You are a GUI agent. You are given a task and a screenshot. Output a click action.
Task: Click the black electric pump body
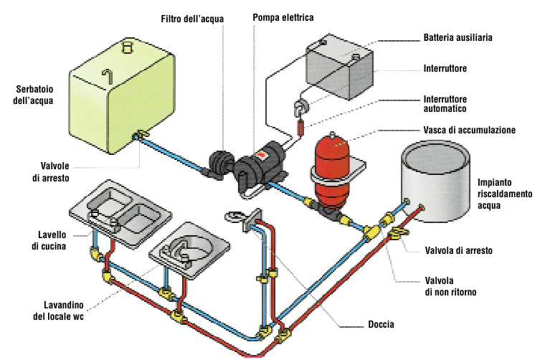pos(259,166)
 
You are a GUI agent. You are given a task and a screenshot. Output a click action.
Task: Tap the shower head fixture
pos(236,216)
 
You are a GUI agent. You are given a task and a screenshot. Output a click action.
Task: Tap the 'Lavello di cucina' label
pos(49,240)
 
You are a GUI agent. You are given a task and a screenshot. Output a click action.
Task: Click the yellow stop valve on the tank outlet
pos(141,134)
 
